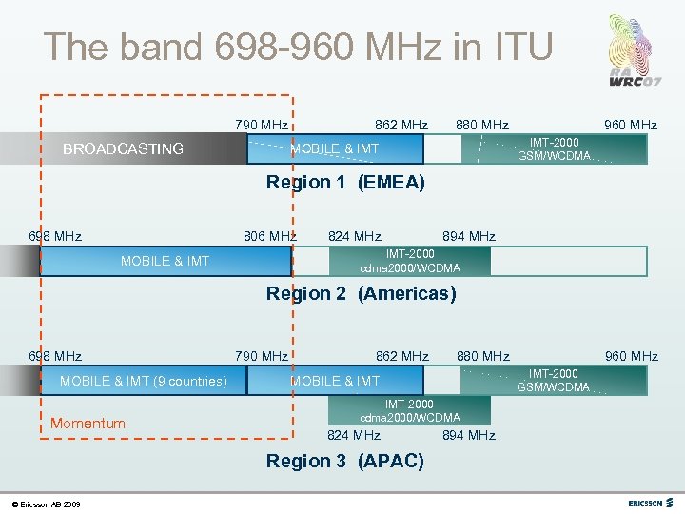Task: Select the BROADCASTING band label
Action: pyautogui.click(x=123, y=148)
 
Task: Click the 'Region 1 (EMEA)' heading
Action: pyautogui.click(x=345, y=182)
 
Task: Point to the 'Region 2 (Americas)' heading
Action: pyautogui.click(x=361, y=294)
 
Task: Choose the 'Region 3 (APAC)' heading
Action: pyautogui.click(x=344, y=462)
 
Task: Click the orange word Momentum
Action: pyautogui.click(x=88, y=423)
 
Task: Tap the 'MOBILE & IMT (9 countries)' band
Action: pyautogui.click(x=144, y=381)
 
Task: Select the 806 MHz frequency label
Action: pyautogui.click(x=269, y=236)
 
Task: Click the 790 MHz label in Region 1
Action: pyautogui.click(x=262, y=125)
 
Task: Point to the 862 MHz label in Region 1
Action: pyautogui.click(x=401, y=125)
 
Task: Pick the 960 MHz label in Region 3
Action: pyautogui.click(x=631, y=356)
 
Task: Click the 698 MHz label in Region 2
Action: pyautogui.click(x=55, y=236)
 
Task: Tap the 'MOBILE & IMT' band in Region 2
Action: pyautogui.click(x=166, y=261)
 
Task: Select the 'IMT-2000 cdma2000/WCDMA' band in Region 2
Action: pyautogui.click(x=410, y=261)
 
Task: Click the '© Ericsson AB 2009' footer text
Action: pyautogui.click(x=46, y=504)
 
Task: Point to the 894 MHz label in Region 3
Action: pyautogui.click(x=469, y=435)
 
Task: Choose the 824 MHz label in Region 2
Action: pyautogui.click(x=354, y=236)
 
